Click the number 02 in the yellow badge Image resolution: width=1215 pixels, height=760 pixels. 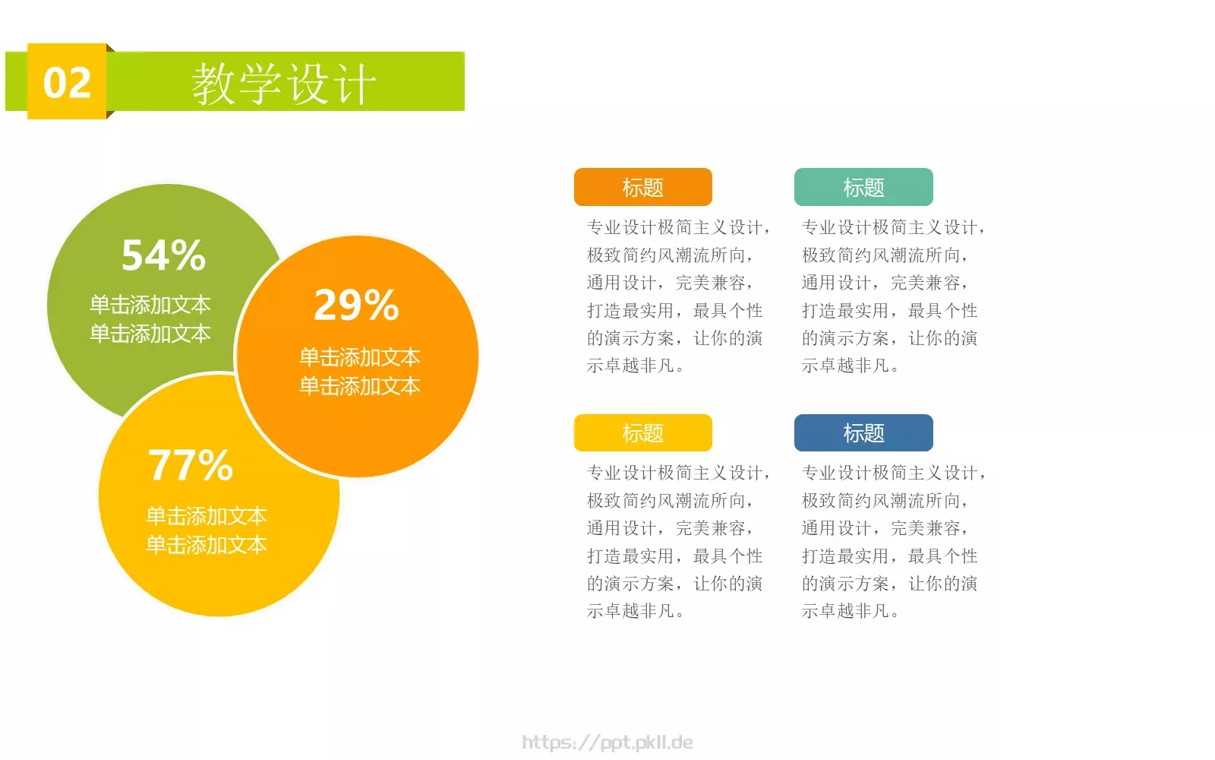[x=67, y=82]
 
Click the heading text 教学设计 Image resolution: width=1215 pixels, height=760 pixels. [x=284, y=84]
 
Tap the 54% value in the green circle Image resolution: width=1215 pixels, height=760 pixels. [x=163, y=255]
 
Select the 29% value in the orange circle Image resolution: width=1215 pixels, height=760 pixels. [x=356, y=306]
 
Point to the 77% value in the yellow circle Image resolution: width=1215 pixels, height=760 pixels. [x=190, y=465]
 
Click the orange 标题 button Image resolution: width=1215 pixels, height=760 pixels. [x=642, y=188]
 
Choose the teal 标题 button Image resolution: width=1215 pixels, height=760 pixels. [x=863, y=188]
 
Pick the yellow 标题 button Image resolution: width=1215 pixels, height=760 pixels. [x=642, y=433]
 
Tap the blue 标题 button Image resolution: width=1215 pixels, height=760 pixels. [x=863, y=433]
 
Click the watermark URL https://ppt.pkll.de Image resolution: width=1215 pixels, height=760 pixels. [x=607, y=743]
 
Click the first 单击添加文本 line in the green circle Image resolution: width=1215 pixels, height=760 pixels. [x=150, y=305]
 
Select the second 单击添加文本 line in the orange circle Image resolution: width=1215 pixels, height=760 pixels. [x=360, y=386]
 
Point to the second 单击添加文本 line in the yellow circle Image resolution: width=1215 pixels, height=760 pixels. [x=207, y=545]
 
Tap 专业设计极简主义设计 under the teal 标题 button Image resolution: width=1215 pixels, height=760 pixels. [x=893, y=227]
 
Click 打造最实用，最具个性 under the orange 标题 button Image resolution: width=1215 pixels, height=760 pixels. [x=674, y=311]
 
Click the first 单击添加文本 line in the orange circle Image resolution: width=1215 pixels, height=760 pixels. [x=360, y=357]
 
